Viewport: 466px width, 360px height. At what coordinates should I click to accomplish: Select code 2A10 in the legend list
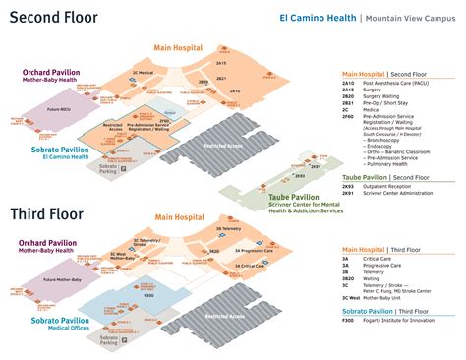[x=348, y=84]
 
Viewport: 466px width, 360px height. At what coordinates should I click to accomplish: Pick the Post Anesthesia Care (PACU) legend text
[x=394, y=84]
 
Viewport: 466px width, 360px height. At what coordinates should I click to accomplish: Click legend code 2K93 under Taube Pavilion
[x=348, y=187]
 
